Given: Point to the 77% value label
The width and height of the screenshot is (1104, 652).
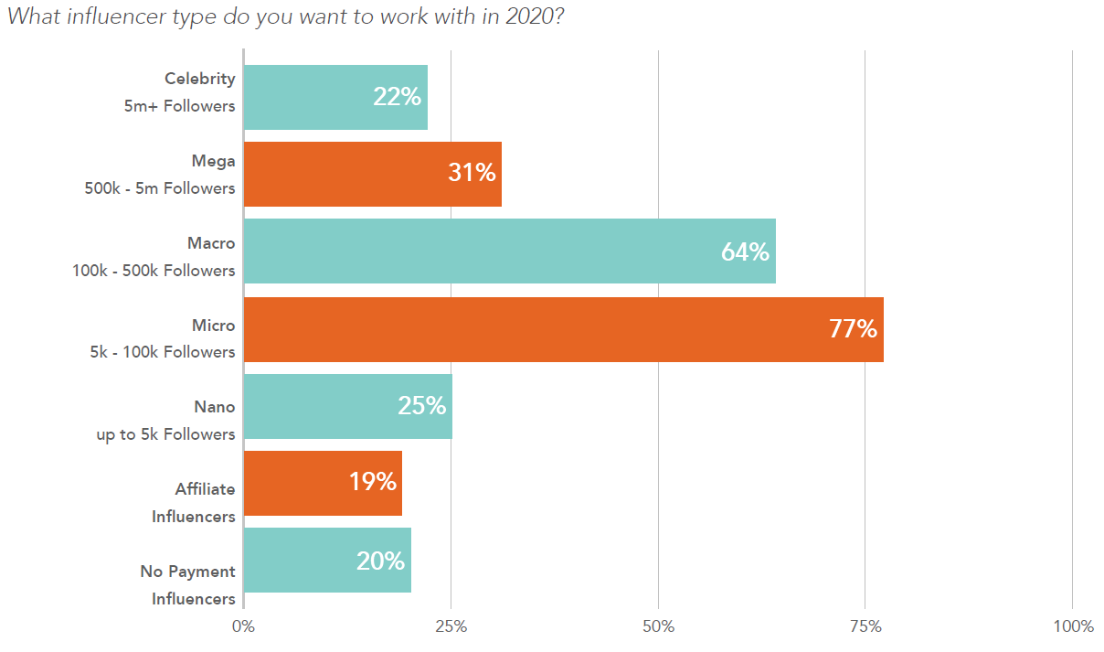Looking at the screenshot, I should click(853, 329).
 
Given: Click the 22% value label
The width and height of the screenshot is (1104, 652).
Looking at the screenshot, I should click(397, 96).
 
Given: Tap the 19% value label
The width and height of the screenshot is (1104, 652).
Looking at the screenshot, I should click(372, 482).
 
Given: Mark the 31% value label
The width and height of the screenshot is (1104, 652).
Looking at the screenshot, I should click(472, 172).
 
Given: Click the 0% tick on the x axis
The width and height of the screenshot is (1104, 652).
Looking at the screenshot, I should click(243, 626).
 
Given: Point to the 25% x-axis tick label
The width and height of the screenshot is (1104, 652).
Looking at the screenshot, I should click(451, 626).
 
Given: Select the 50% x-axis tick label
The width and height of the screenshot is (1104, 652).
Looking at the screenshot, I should click(658, 626).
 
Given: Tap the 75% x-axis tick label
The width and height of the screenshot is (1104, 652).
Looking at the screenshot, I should click(865, 626).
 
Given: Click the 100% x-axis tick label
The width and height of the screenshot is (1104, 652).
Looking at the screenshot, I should click(1073, 626).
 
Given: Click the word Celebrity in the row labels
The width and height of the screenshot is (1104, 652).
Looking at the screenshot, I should click(200, 79).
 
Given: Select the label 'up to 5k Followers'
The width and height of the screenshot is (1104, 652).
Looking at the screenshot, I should click(165, 434).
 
